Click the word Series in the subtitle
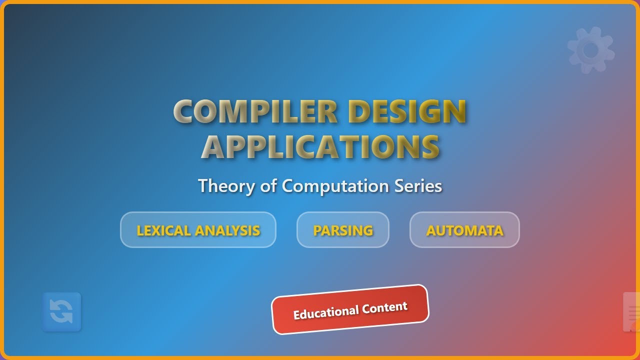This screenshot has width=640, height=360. pyautogui.click(x=418, y=186)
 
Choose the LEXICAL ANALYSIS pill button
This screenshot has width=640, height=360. pyautogui.click(x=198, y=230)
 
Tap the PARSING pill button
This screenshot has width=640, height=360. pyautogui.click(x=343, y=230)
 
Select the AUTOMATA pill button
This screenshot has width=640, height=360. pyautogui.click(x=464, y=230)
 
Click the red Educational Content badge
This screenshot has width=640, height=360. pyautogui.click(x=350, y=309)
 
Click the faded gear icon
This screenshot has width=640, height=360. pyautogui.click(x=590, y=50)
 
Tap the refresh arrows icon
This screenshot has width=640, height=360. pyautogui.click(x=61, y=312)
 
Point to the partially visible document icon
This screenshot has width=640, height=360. pyautogui.click(x=632, y=312)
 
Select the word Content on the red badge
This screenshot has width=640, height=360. pyautogui.click(x=385, y=306)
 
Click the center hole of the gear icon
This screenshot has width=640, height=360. pyautogui.click(x=590, y=50)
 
